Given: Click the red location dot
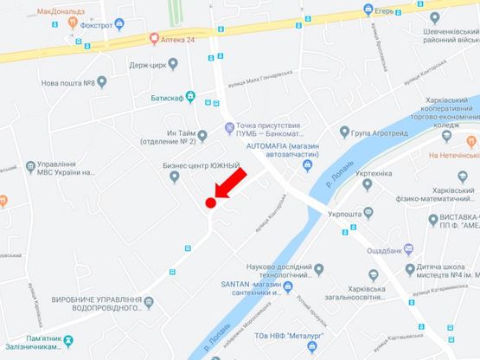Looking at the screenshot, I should click(210, 202).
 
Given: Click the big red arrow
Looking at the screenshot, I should click(229, 183).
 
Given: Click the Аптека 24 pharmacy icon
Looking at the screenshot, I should click(153, 37).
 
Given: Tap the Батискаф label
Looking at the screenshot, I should click(168, 97).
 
